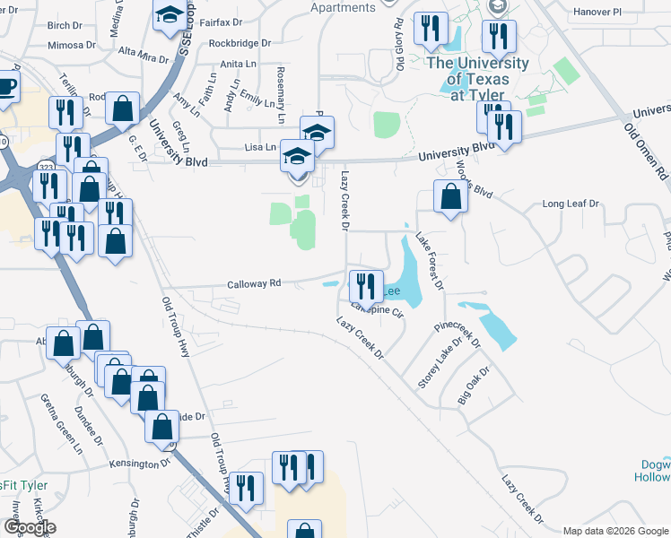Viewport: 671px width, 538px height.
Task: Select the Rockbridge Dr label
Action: tap(239, 42)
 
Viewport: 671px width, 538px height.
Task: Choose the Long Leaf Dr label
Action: tap(571, 204)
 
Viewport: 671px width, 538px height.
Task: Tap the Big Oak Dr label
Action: tap(474, 386)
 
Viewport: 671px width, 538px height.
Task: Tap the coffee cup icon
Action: tap(6, 87)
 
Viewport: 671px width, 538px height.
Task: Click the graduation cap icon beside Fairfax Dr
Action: tap(168, 15)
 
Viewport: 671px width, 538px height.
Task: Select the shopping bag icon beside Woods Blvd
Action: tap(449, 196)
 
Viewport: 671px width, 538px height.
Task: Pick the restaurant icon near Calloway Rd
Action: tap(364, 286)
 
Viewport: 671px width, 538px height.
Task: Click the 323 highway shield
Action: tap(46, 167)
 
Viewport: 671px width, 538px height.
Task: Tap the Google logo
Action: tap(30, 527)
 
